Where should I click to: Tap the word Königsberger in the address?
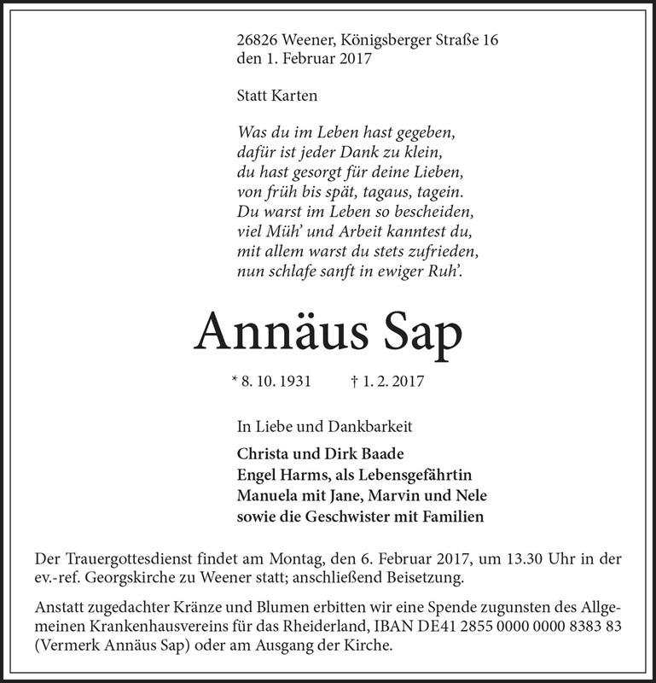pos(380,39)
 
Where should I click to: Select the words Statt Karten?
pos(276,96)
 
